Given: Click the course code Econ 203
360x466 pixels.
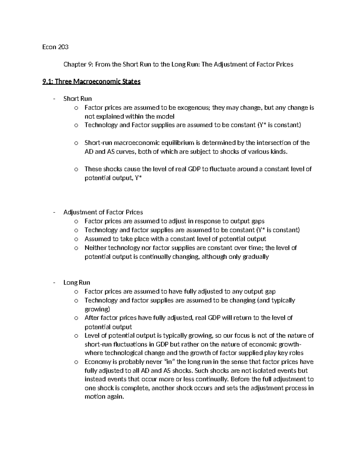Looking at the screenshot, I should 55,47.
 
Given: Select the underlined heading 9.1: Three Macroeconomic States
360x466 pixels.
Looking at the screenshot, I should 91,82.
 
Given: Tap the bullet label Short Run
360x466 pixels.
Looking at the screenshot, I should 77,99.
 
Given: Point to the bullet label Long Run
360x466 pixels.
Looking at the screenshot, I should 76,282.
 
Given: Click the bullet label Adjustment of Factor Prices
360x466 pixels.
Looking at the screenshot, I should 103,212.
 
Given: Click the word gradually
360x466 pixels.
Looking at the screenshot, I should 256,257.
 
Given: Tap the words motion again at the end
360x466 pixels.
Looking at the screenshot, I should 104,397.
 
